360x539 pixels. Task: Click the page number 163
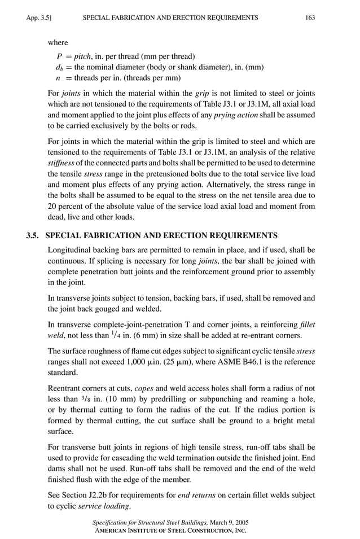[x=309, y=18]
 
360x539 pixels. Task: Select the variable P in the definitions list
[x=59, y=56]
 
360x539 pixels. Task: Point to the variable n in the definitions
[x=59, y=77]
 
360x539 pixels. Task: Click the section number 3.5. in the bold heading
[x=34, y=234]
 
